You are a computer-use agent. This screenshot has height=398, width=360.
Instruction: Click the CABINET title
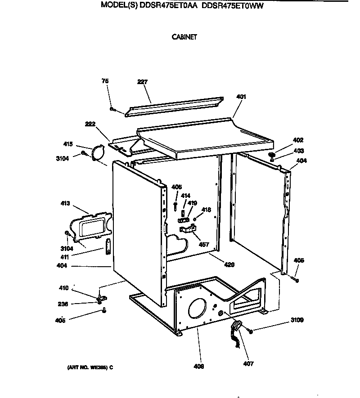184,37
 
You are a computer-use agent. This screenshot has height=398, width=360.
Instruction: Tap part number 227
142,82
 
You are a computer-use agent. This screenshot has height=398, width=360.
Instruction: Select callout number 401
241,97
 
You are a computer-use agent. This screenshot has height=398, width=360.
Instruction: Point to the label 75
105,81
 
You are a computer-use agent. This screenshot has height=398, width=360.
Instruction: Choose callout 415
68,144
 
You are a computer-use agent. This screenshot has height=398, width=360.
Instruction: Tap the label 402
298,140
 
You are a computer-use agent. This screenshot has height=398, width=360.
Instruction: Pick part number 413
65,203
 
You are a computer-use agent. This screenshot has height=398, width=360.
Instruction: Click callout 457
204,245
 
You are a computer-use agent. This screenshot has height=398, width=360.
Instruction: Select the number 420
229,265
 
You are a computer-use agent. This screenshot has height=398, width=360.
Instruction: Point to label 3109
297,321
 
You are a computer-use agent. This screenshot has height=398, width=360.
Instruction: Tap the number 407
249,363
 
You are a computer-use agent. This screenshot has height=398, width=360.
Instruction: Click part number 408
199,367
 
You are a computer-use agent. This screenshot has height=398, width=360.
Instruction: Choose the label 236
63,304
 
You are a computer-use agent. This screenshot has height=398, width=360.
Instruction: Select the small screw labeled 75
112,109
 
